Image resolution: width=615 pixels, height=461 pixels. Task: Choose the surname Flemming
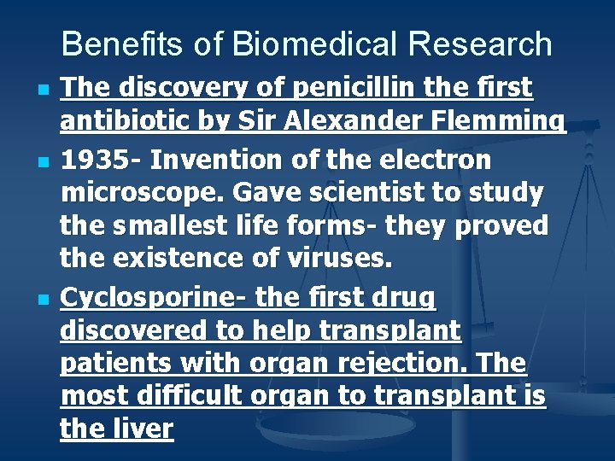click(x=503, y=123)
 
